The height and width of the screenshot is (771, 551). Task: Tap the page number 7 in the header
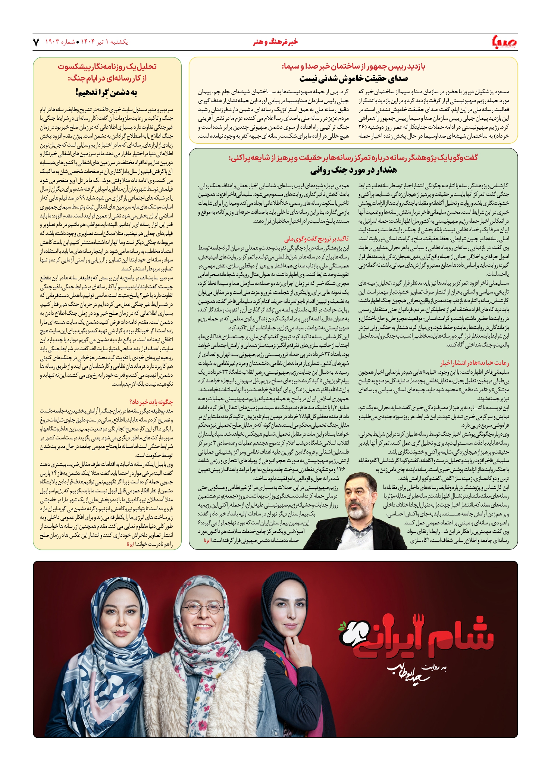pos(36,42)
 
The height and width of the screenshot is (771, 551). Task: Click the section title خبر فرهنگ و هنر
pos(275,42)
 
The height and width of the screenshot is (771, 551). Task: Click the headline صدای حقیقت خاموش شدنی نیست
pos(353,79)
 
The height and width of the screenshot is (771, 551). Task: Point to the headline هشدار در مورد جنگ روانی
pos(353,170)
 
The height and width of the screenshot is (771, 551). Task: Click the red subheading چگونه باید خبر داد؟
pos(151,402)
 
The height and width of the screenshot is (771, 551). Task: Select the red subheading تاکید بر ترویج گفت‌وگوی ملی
pos(316,239)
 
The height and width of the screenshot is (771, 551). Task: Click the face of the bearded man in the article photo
pos(359,492)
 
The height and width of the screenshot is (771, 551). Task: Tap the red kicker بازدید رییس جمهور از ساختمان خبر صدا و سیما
pos(353,67)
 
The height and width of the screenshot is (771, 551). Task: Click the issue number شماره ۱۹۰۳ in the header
pos(60,42)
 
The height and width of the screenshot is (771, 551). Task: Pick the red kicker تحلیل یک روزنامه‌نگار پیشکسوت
pos(107,66)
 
